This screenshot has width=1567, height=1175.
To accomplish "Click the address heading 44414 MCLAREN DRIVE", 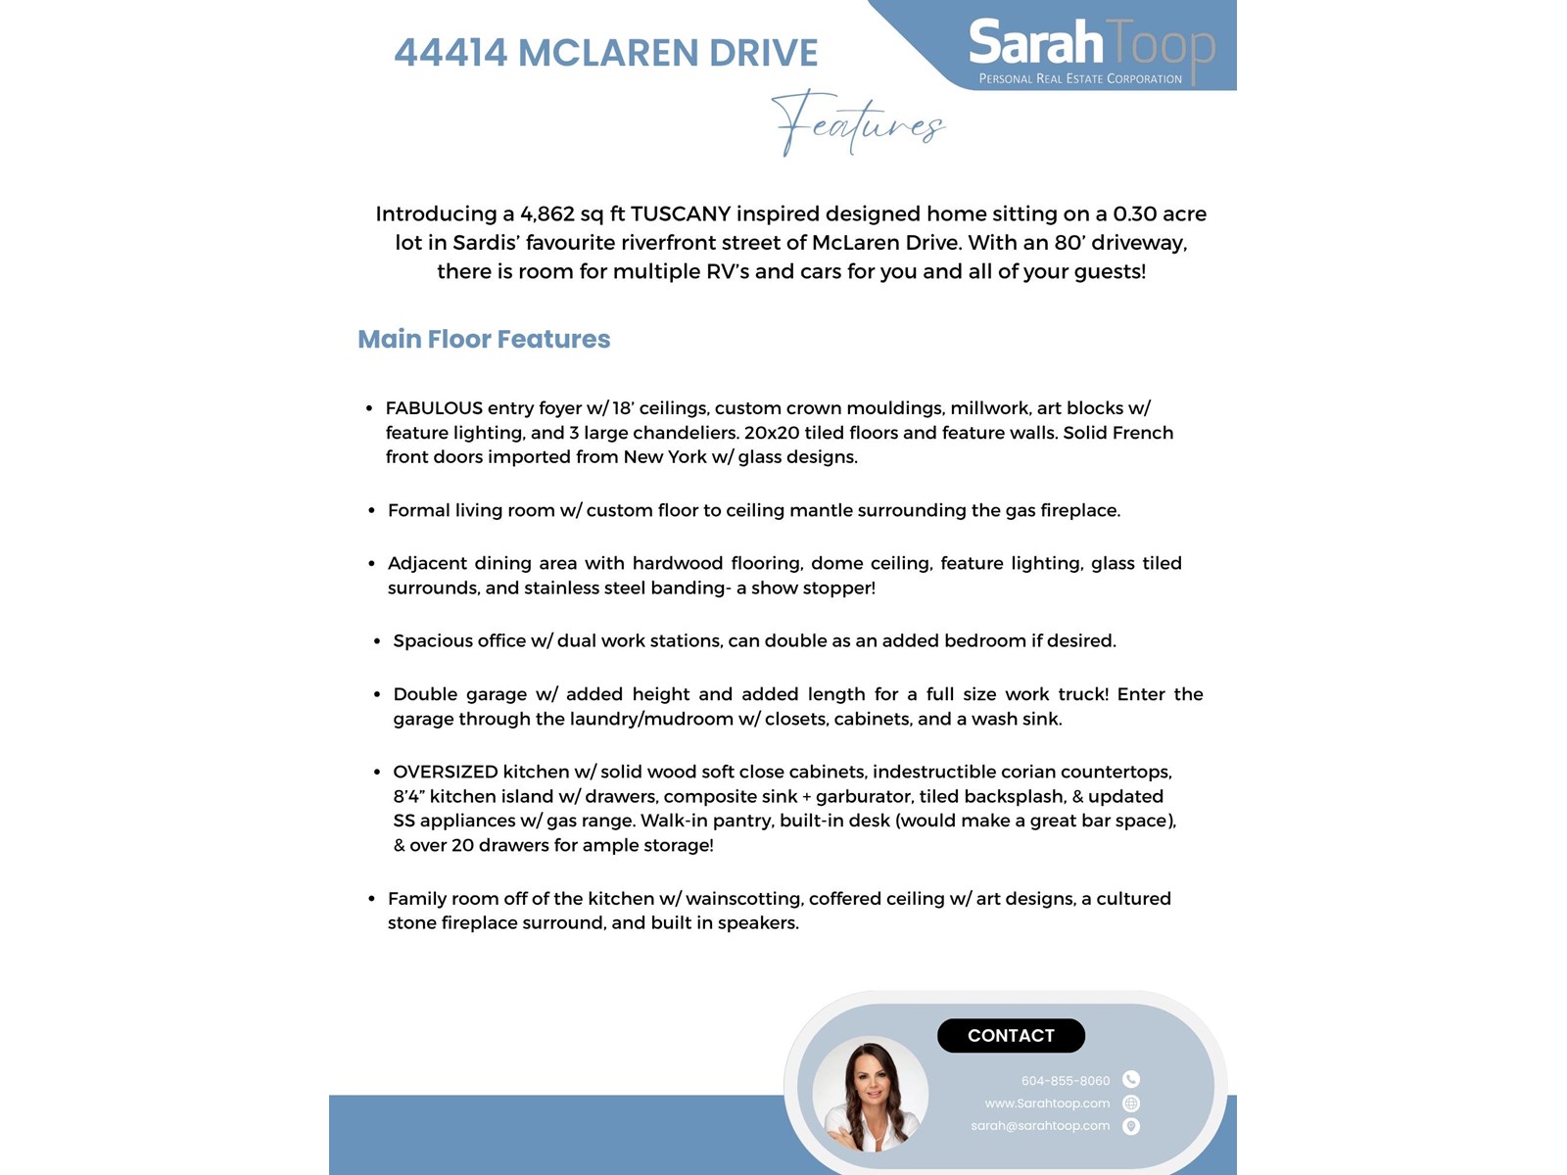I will (606, 53).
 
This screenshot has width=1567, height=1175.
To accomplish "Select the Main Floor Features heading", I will (484, 339).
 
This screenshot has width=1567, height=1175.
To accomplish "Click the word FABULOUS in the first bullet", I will (434, 408).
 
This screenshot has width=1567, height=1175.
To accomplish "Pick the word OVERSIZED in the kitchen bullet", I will (446, 772).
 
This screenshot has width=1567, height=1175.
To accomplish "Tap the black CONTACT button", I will (1011, 1036).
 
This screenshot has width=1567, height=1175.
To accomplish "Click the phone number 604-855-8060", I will (1066, 1081).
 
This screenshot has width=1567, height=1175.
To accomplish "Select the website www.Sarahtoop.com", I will (1047, 1104).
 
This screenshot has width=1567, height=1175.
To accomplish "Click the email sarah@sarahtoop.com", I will (1040, 1126).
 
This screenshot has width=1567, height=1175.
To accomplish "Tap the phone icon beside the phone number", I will (1131, 1080).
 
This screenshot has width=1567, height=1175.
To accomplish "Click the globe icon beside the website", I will (1131, 1104).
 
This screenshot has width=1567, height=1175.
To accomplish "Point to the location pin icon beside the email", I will (1131, 1126).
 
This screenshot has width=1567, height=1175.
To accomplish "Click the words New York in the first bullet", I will (665, 457).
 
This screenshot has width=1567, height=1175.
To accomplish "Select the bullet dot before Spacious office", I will (377, 641).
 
